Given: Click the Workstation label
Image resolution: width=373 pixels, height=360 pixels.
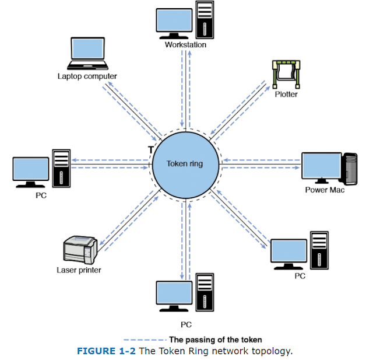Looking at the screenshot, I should [x=185, y=44].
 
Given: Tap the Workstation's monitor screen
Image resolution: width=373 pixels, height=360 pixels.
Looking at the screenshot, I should [x=174, y=20].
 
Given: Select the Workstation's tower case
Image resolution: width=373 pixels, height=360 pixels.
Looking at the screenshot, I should [x=204, y=21].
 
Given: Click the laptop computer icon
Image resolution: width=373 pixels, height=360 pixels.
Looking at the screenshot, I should [x=87, y=54].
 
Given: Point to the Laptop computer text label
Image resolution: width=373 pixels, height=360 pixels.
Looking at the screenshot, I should [x=87, y=76].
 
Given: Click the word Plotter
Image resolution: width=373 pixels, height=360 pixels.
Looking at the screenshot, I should [x=286, y=94].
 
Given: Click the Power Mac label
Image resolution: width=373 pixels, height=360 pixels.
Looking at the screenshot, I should [x=325, y=190].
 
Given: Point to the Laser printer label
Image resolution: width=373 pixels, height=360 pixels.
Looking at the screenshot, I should [x=79, y=270].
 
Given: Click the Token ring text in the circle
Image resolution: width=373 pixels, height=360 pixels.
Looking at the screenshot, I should [x=185, y=164].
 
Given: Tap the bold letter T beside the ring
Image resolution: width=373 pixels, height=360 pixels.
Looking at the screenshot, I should [x=151, y=150].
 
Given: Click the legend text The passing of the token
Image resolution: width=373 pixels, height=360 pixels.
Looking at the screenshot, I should [x=215, y=339].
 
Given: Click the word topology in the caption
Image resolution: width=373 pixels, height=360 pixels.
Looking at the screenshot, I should [x=272, y=351].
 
